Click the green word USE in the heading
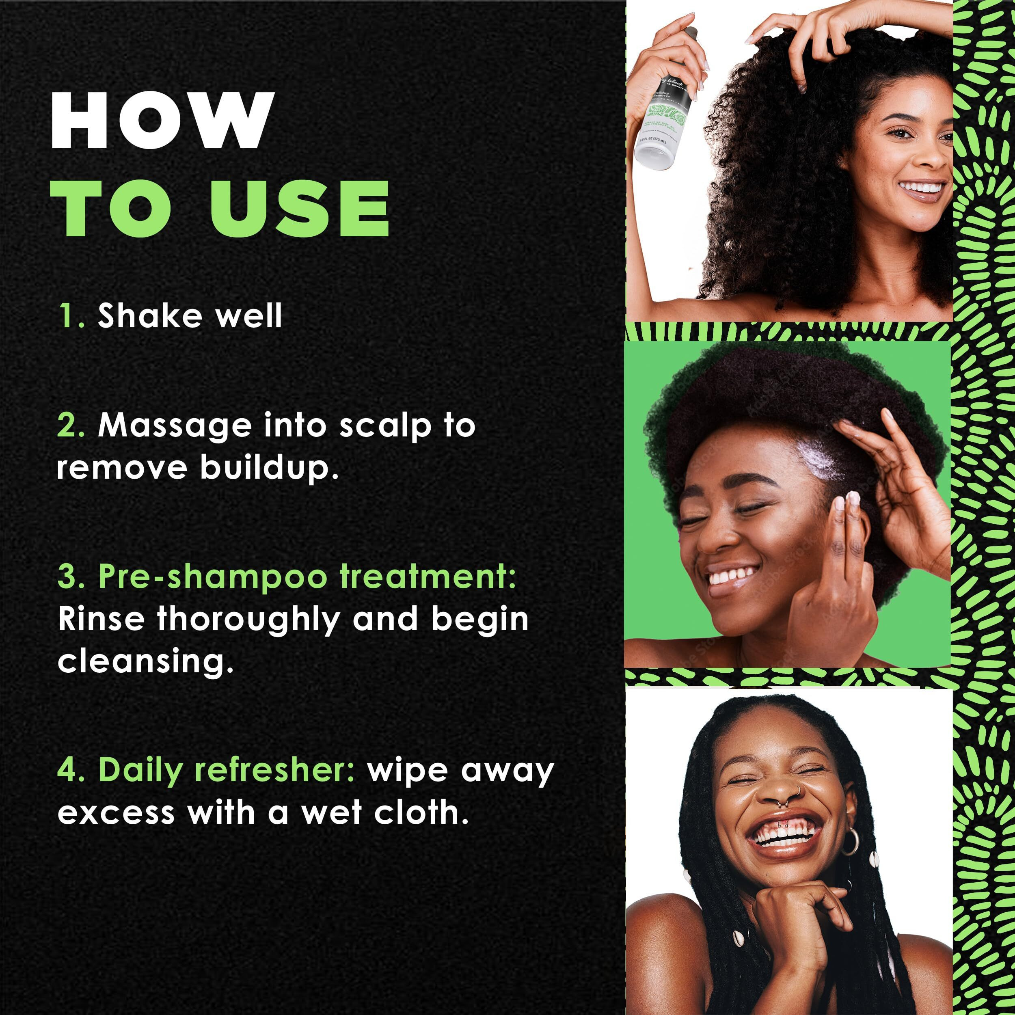click(300, 209)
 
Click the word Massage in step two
click(175, 425)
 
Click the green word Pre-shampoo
click(213, 577)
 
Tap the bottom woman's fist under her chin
click(788, 909)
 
